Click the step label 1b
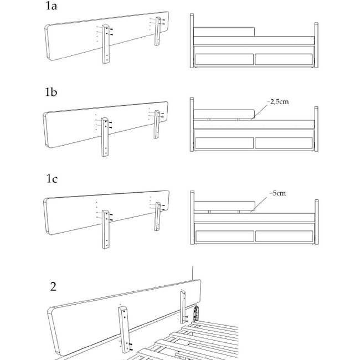click(x=52, y=92)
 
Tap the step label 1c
click(x=52, y=179)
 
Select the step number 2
click(x=53, y=286)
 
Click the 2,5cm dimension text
click(x=278, y=102)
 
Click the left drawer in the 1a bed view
click(x=224, y=59)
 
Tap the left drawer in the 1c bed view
click(x=224, y=235)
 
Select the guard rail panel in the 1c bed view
click(x=224, y=208)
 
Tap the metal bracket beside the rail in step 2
click(x=197, y=313)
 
